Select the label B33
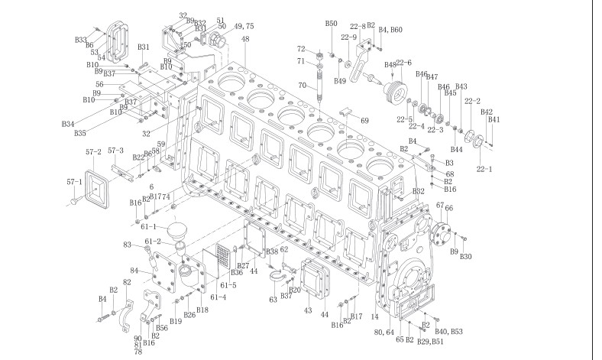coord(80,39)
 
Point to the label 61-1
coord(149,227)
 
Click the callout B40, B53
coord(448,332)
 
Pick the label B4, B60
coord(390,30)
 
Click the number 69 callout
coord(364,121)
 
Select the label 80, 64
coord(384,332)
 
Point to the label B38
coord(271,251)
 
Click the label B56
coord(162,327)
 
